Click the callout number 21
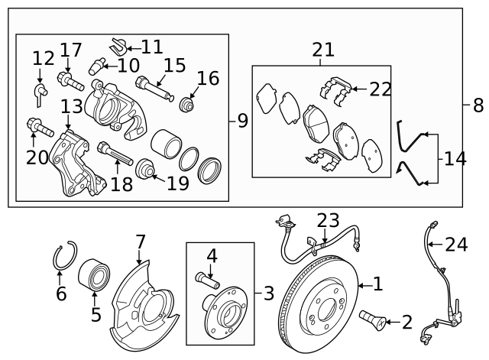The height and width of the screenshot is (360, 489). point(322,50)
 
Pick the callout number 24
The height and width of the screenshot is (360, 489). point(456,245)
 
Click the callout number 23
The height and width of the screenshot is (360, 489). point(328,221)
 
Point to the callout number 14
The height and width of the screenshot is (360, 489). point(456,158)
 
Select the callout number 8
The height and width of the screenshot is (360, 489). point(478,103)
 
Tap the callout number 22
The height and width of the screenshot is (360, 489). point(380,89)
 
